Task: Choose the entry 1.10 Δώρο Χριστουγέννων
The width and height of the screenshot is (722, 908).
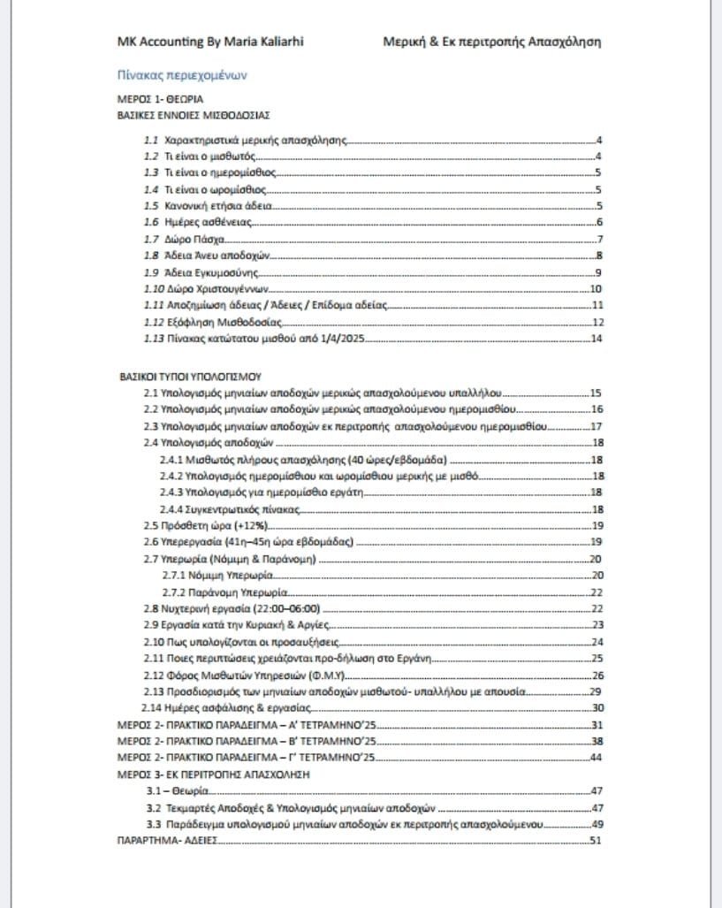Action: [x=205, y=288]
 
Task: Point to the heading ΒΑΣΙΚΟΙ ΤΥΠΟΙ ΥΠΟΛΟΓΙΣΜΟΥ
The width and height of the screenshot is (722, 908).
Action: [x=189, y=376]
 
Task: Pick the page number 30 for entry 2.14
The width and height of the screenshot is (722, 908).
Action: [x=597, y=707]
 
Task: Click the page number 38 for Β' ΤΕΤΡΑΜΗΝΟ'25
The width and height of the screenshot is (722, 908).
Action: [x=597, y=741]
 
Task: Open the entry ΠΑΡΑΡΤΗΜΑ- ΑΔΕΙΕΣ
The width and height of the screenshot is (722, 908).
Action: [x=167, y=840]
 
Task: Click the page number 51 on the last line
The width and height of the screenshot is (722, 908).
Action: [x=597, y=840]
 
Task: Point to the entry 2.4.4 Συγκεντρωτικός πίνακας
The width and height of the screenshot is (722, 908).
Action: [x=232, y=508]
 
